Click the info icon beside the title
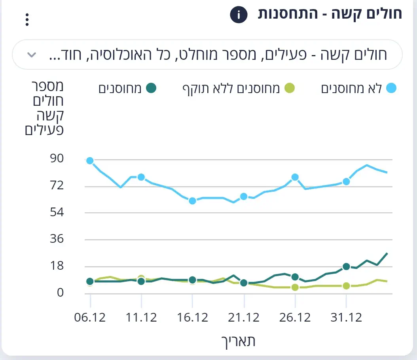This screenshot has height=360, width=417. coord(239,15)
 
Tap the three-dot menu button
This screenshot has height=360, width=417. coord(27,19)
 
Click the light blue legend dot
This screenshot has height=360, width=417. coord(391,88)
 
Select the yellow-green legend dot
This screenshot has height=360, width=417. coord(290,88)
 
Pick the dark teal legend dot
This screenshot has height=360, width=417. coord(151,88)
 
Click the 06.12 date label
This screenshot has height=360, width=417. coord(90,317)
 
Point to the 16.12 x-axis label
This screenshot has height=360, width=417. coord(192,317)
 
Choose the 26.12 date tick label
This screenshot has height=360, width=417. coord(295,317)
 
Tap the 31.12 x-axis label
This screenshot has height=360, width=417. coord(346,317)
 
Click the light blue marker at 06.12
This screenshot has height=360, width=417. coord(90,160)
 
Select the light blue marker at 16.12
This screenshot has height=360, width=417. coord(192,201)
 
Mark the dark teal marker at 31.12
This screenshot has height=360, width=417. coord(346,267)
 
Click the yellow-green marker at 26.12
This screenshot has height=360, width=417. coord(295,287)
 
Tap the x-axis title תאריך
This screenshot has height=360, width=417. coord(238,341)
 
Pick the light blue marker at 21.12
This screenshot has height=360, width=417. coord(244,196)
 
